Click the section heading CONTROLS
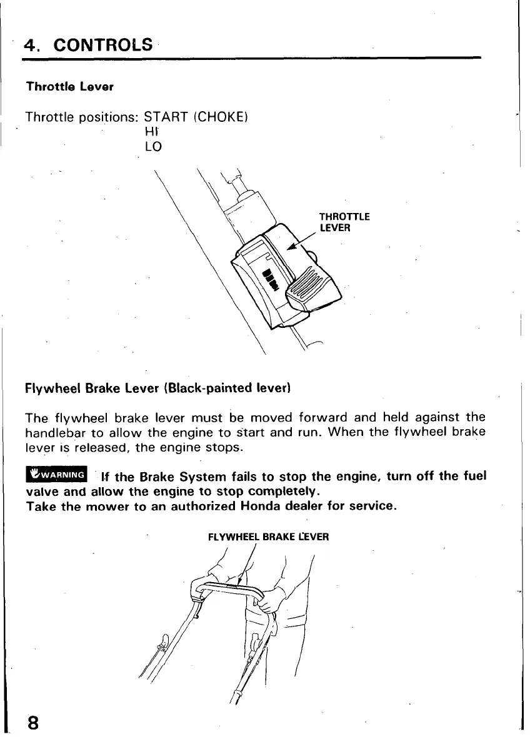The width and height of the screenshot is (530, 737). tap(103, 46)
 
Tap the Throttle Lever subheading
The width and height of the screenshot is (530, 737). tap(69, 87)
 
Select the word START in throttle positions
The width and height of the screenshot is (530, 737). tap(166, 117)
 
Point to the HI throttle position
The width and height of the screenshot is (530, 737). tap(152, 132)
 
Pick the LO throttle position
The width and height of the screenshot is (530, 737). tap(153, 147)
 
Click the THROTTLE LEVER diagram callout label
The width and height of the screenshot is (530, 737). tap(344, 222)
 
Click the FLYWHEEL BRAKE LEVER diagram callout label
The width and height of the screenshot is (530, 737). tap(268, 537)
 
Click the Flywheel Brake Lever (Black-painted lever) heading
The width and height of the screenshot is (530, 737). tap(159, 388)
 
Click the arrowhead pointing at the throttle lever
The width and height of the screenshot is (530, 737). tap(291, 247)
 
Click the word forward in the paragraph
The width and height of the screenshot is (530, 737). tap(324, 417)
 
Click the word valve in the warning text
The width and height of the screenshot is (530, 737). tap(41, 491)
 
